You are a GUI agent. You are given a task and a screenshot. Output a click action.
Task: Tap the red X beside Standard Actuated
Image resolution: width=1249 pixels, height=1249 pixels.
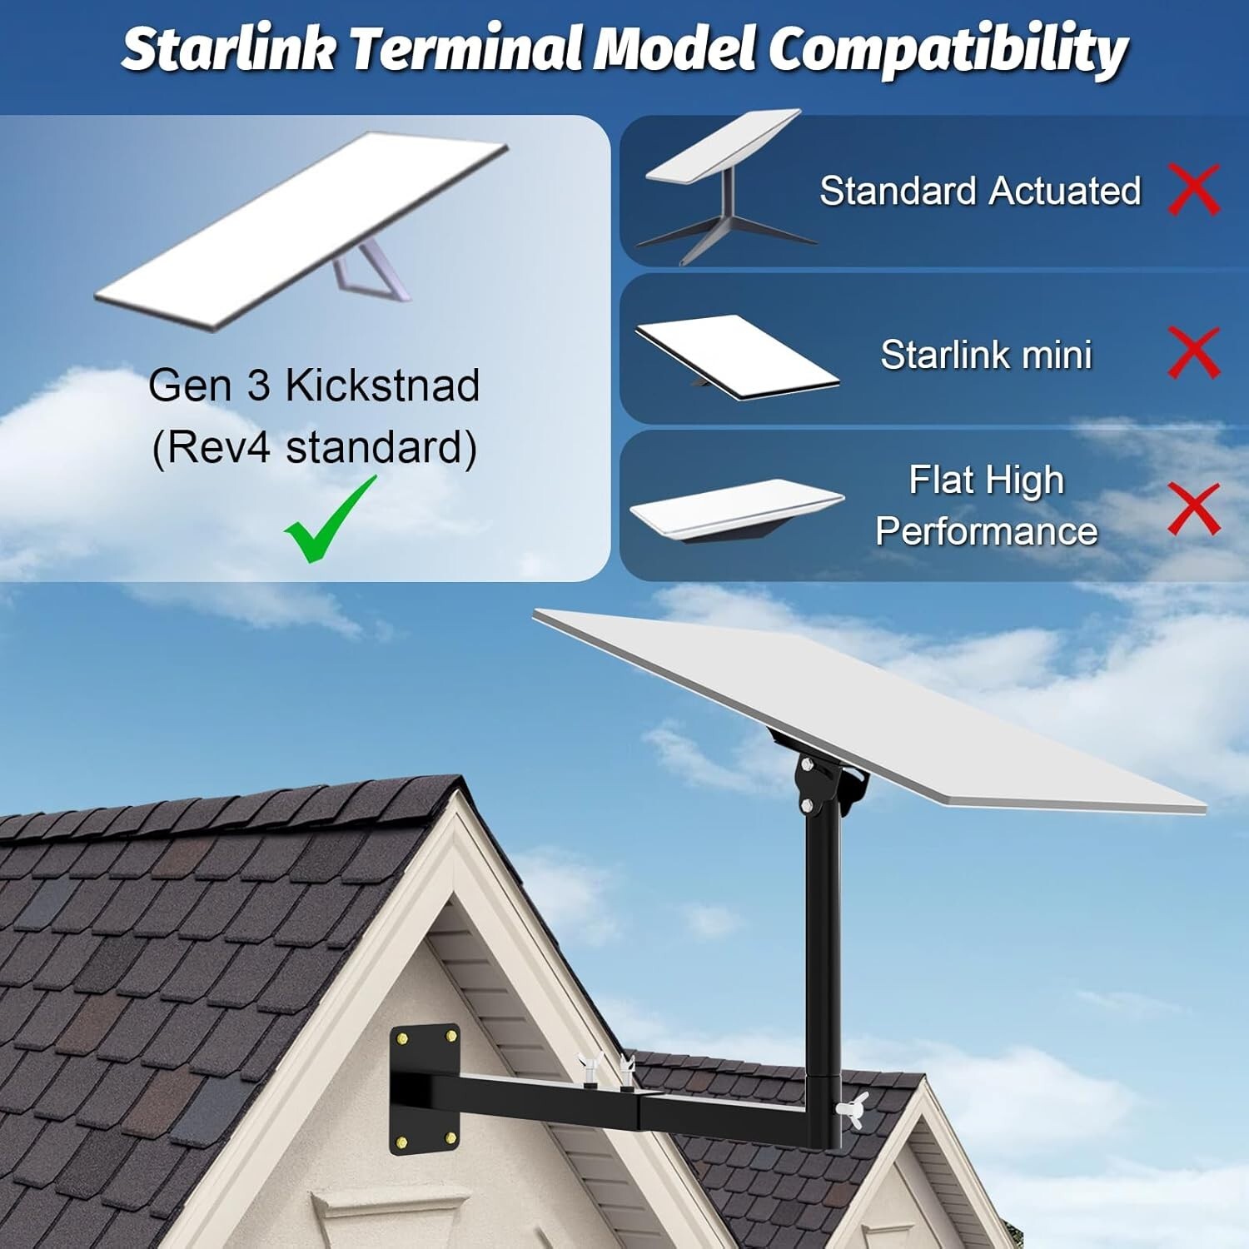coord(1194,190)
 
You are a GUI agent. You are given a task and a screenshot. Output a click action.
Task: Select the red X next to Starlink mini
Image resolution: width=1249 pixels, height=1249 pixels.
coord(1194,352)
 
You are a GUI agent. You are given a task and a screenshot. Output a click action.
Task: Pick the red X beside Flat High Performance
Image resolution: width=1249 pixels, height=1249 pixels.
coord(1194,508)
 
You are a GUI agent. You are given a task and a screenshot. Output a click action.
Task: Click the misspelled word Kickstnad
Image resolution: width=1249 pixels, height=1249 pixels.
coord(382,385)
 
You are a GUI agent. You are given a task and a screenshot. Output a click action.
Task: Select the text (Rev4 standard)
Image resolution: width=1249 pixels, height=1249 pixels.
coord(314,447)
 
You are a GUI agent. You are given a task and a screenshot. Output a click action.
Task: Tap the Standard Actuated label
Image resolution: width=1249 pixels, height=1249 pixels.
coord(980,191)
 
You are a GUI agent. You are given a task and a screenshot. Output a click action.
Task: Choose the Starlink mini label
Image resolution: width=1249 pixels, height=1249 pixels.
coord(986,355)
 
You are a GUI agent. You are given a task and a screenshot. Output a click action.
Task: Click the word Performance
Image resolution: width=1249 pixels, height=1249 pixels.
coord(986,531)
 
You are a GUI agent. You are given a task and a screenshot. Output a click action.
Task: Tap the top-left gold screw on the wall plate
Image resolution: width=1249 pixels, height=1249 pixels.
coord(403,1039)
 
